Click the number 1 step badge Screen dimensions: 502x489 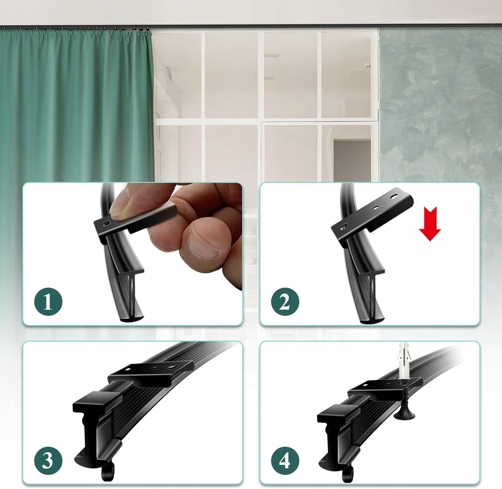pyautogui.click(x=48, y=302)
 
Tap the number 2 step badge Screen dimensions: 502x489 pyautogui.click(x=285, y=302)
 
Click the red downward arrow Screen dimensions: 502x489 pyautogui.click(x=430, y=224)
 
